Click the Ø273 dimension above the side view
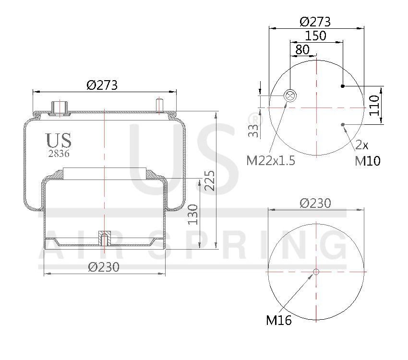pyautogui.click(x=102, y=85)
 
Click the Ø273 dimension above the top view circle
pyautogui.click(x=315, y=22)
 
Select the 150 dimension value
pyautogui.click(x=315, y=36)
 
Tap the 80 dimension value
pyautogui.click(x=302, y=49)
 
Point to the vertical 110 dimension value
pyautogui.click(x=375, y=105)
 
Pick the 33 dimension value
pyautogui.click(x=253, y=130)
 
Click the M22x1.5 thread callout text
pyautogui.click(x=271, y=161)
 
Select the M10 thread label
pyautogui.click(x=368, y=161)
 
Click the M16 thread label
pyautogui.click(x=279, y=321)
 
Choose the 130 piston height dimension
pyautogui.click(x=193, y=215)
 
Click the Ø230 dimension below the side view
pyautogui.click(x=104, y=267)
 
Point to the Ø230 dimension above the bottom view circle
pyautogui.click(x=315, y=203)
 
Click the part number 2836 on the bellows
pyautogui.click(x=59, y=154)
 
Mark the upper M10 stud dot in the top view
pyautogui.click(x=343, y=86)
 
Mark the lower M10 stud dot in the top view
pyautogui.click(x=343, y=125)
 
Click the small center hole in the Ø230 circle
pyautogui.click(x=316, y=272)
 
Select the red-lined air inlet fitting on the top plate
pyautogui.click(x=59, y=108)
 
